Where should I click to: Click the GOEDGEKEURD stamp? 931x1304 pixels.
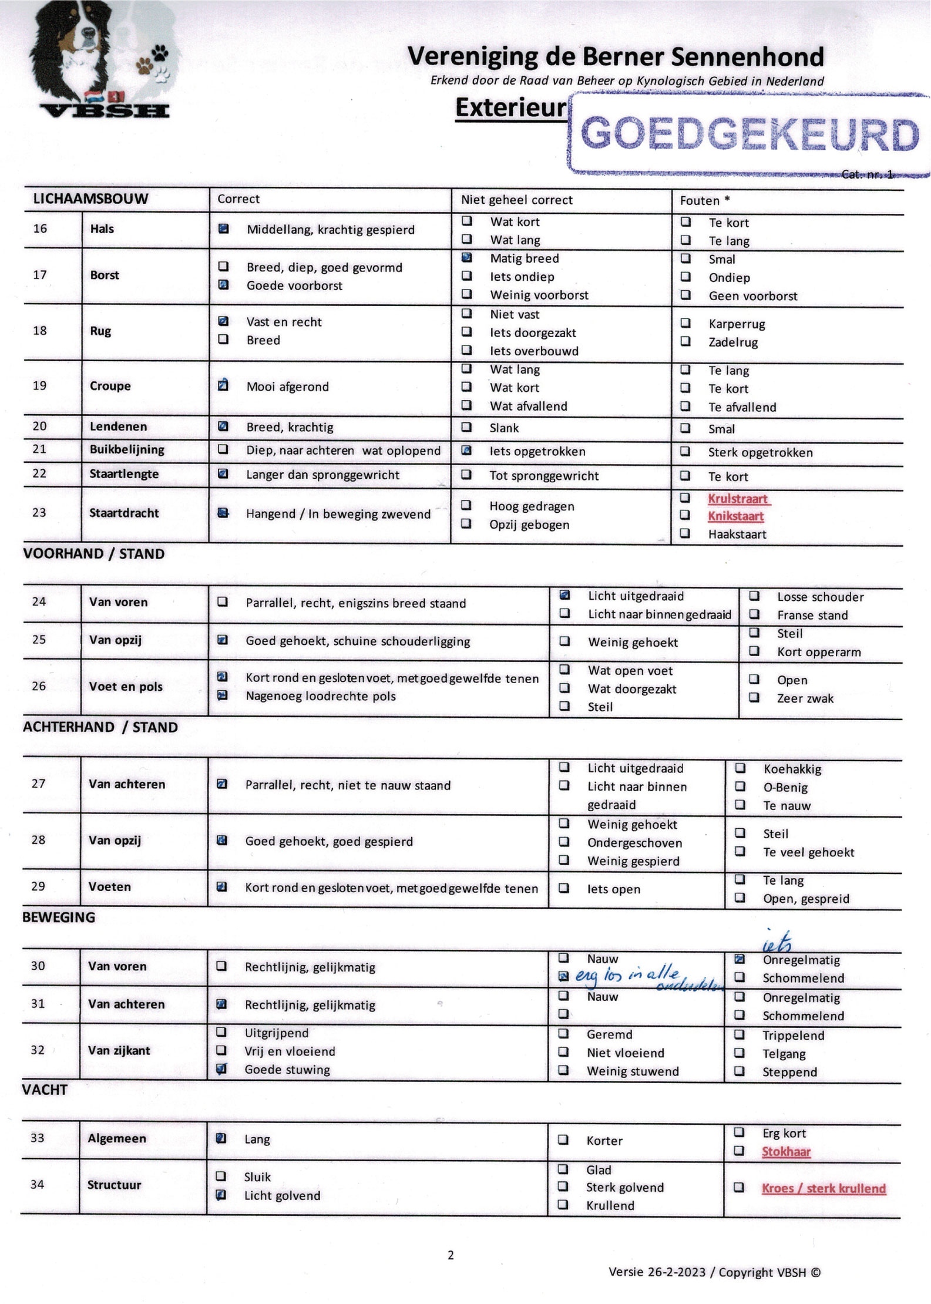(749, 135)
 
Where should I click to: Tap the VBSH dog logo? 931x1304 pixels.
(100, 62)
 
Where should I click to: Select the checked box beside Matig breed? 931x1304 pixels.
(466, 257)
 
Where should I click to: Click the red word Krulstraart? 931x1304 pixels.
(738, 499)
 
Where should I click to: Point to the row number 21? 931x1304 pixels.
(39, 449)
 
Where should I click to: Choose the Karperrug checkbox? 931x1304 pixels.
(685, 323)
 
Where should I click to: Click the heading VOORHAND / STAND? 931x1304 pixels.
(94, 554)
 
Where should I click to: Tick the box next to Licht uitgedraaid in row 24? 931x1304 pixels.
(564, 595)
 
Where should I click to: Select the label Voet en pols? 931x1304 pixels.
(126, 686)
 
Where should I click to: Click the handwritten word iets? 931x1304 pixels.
(777, 942)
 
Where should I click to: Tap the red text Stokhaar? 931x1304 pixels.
(786, 1151)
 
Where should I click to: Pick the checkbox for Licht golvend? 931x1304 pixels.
(221, 1195)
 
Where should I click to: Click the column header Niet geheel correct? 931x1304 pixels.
(516, 200)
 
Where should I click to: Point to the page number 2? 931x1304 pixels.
(451, 1255)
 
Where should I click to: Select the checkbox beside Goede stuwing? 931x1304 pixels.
(221, 1069)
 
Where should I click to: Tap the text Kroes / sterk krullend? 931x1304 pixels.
(824, 1188)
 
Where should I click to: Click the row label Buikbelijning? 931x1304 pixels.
(127, 449)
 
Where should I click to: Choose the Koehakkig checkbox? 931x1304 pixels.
(740, 768)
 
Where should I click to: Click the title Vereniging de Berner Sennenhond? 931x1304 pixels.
(616, 57)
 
